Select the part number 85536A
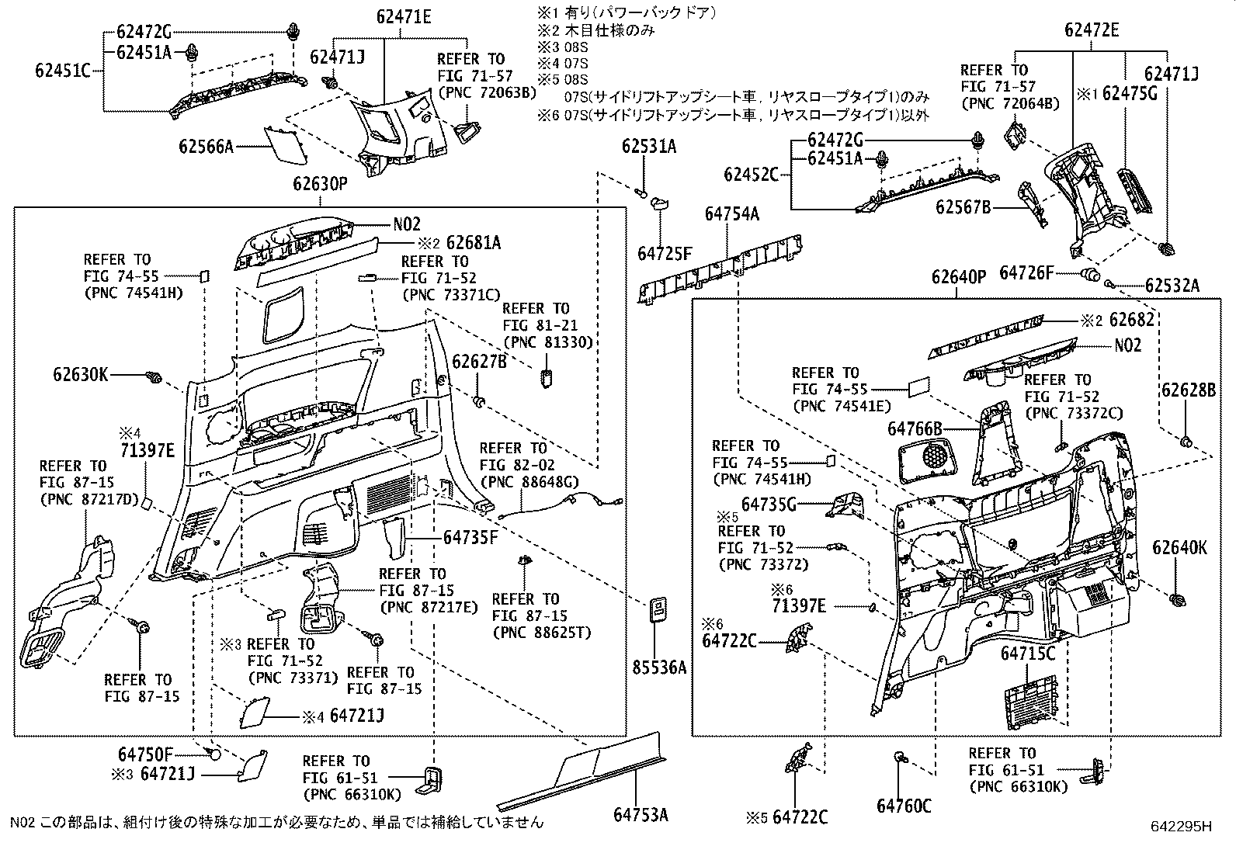pyautogui.click(x=658, y=667)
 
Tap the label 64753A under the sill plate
pyautogui.click(x=641, y=814)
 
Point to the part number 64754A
pyautogui.click(x=731, y=214)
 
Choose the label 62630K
pyautogui.click(x=80, y=375)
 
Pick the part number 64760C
pyautogui.click(x=904, y=806)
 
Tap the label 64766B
pyautogui.click(x=915, y=428)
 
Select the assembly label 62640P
pyautogui.click(x=958, y=277)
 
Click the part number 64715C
pyautogui.click(x=1029, y=654)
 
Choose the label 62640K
pyautogui.click(x=1179, y=548)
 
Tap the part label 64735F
pyautogui.click(x=470, y=536)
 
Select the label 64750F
pyautogui.click(x=145, y=754)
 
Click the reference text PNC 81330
pyautogui.click(x=549, y=342)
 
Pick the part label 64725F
pyautogui.click(x=664, y=253)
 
